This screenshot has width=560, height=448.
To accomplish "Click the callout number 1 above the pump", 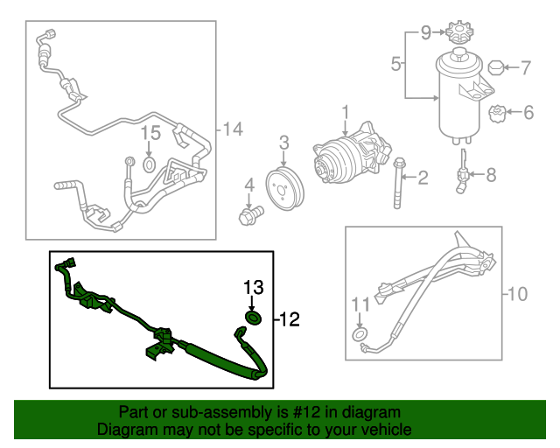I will click(x=345, y=113).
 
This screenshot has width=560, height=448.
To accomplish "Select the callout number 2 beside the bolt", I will click(x=423, y=178).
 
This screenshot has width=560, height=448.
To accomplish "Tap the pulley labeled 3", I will click(x=283, y=185).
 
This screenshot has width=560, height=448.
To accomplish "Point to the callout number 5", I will click(x=395, y=64).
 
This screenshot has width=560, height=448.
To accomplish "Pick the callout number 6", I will click(x=528, y=112).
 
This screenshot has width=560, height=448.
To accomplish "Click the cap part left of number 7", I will click(x=496, y=66).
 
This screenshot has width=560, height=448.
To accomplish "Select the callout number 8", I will click(x=490, y=175).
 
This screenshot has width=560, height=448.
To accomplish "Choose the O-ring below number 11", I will click(x=360, y=336).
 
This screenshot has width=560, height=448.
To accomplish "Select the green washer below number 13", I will click(x=253, y=318).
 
